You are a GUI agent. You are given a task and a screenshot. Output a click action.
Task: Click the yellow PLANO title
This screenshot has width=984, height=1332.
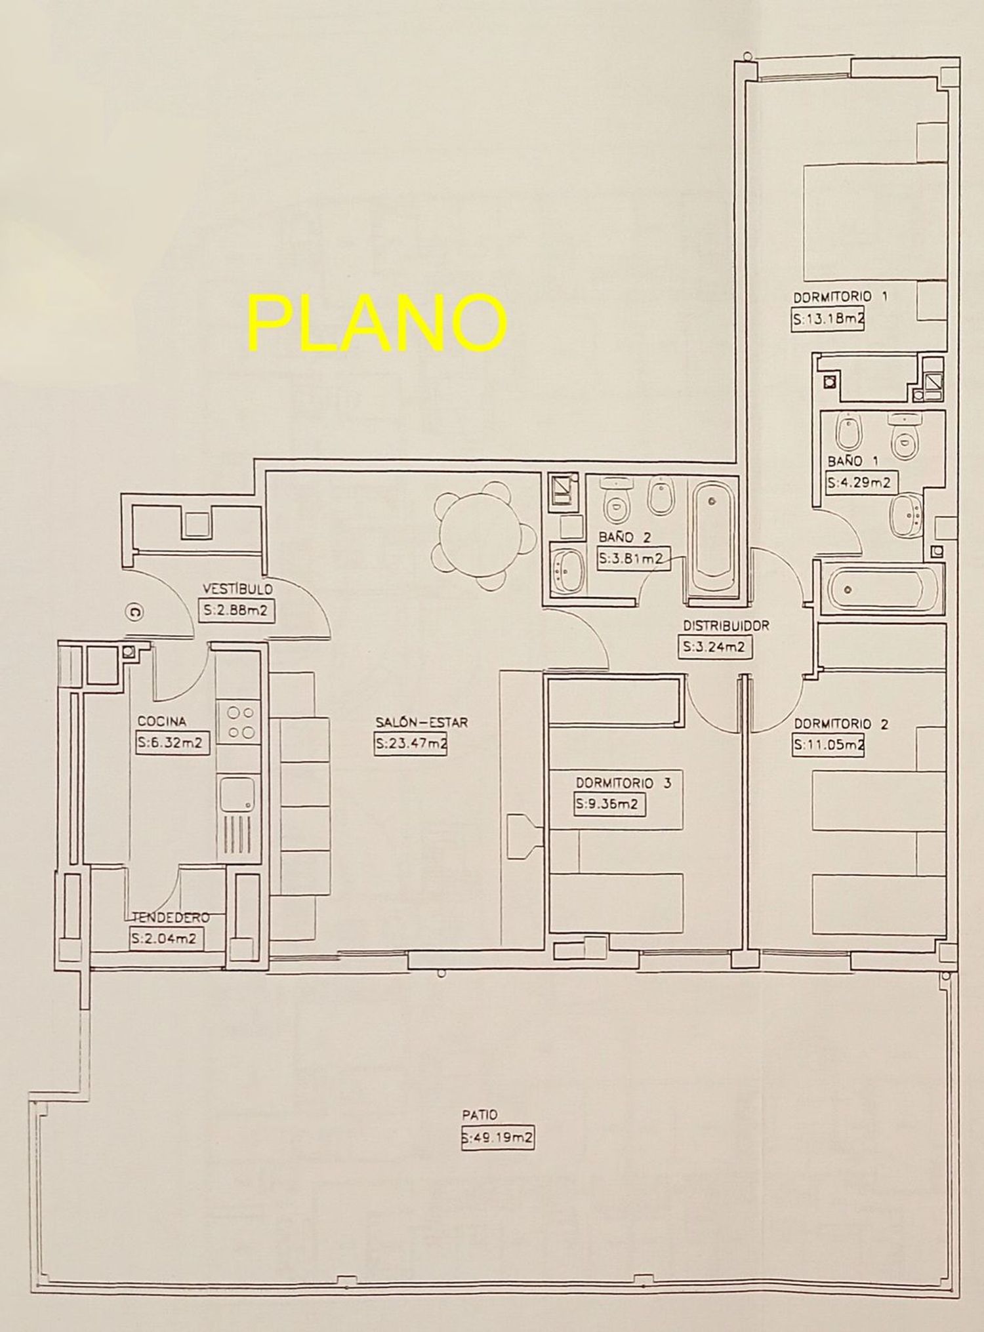pyautogui.click(x=377, y=322)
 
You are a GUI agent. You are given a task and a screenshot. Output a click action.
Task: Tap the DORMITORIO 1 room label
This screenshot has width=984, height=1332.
pyautogui.click(x=841, y=297)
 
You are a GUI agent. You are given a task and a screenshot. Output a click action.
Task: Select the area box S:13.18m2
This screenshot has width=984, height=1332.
pyautogui.click(x=826, y=321)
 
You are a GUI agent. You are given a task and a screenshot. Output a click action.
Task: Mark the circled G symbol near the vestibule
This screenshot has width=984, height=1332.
pyautogui.click(x=134, y=613)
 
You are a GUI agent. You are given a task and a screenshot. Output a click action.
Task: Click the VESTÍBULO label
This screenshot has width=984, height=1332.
pyautogui.click(x=237, y=589)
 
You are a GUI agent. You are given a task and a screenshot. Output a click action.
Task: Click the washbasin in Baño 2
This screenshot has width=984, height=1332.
pyautogui.click(x=565, y=571)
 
